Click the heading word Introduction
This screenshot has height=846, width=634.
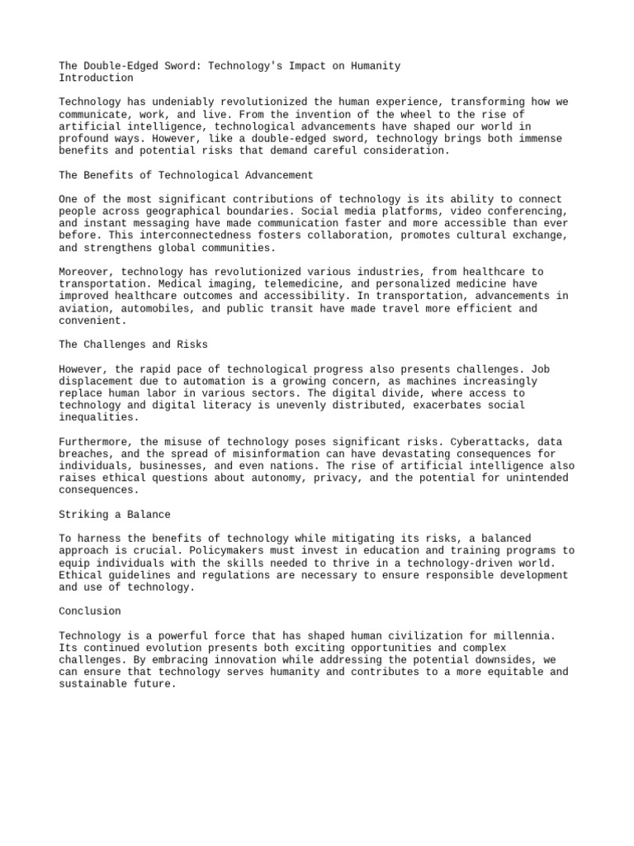point(96,78)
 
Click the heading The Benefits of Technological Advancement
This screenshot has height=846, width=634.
point(186,175)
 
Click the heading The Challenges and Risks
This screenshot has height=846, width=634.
point(133,345)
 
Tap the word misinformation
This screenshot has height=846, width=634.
point(275,454)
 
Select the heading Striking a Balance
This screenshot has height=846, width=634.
point(115,514)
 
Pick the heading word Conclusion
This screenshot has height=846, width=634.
point(90,611)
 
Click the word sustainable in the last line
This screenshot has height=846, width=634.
point(92,684)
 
